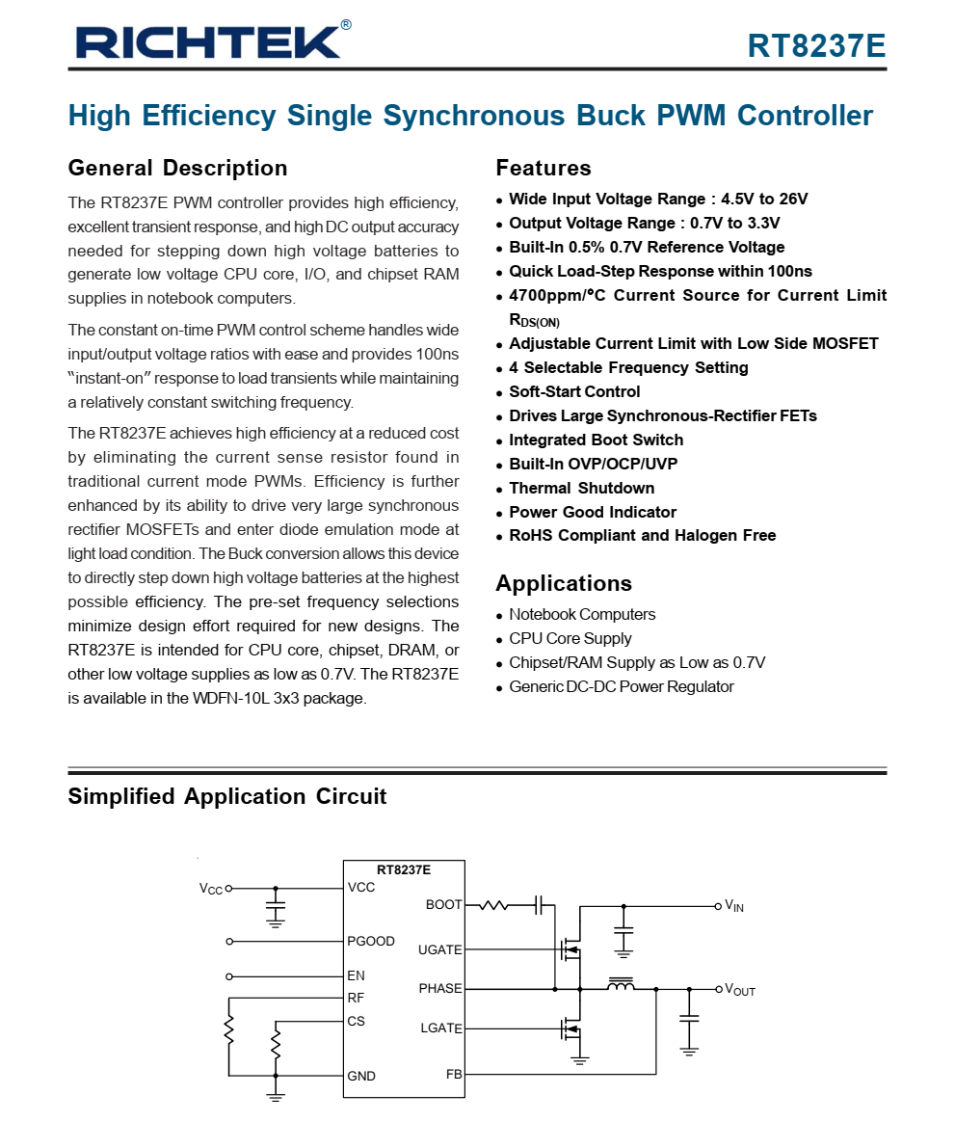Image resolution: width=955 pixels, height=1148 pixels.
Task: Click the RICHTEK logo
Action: [207, 41]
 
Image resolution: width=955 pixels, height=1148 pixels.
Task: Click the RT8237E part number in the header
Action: [816, 45]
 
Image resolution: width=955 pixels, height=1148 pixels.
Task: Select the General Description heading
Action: [177, 168]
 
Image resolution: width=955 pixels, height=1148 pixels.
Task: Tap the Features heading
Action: [544, 168]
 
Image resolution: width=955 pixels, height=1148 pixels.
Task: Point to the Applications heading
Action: [564, 583]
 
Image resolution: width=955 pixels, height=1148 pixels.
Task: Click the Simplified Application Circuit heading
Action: [226, 796]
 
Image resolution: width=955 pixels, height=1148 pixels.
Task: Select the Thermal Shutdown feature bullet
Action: [581, 488]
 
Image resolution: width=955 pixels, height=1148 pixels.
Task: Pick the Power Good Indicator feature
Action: [593, 512]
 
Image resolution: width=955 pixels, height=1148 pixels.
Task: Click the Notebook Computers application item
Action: [582, 614]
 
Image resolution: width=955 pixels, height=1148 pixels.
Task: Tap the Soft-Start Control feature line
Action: [574, 391]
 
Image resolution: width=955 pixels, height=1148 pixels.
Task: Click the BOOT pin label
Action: [443, 905]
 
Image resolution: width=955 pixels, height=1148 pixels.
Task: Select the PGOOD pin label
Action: [371, 941]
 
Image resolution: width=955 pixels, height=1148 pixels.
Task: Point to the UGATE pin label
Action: [439, 949]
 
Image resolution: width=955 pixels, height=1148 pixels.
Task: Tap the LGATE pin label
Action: [440, 1028]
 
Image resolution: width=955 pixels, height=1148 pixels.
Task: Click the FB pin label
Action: [453, 1074]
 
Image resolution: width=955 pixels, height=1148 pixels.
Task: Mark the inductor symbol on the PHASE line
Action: [621, 984]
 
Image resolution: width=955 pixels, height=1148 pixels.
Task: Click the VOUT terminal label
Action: [740, 990]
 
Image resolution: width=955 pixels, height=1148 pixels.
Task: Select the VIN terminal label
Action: [734, 906]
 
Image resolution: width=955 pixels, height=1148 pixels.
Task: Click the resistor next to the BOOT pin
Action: [492, 905]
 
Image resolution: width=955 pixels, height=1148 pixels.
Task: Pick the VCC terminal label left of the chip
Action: [211, 889]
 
